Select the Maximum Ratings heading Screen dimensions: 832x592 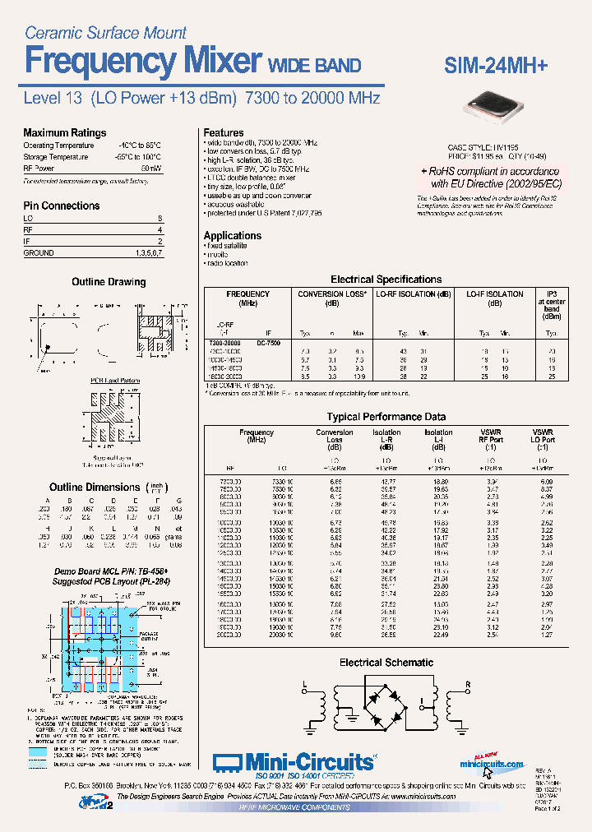64,132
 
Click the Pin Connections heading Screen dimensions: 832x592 62,206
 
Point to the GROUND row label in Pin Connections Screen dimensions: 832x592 39,253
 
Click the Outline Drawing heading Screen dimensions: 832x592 109,282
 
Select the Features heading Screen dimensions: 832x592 224,132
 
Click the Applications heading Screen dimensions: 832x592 233,235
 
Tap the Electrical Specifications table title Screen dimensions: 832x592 386,280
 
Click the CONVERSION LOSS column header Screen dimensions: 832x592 331,294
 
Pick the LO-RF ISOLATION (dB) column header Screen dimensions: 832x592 413,294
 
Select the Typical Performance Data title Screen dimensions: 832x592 386,417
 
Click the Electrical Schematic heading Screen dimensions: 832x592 386,662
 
